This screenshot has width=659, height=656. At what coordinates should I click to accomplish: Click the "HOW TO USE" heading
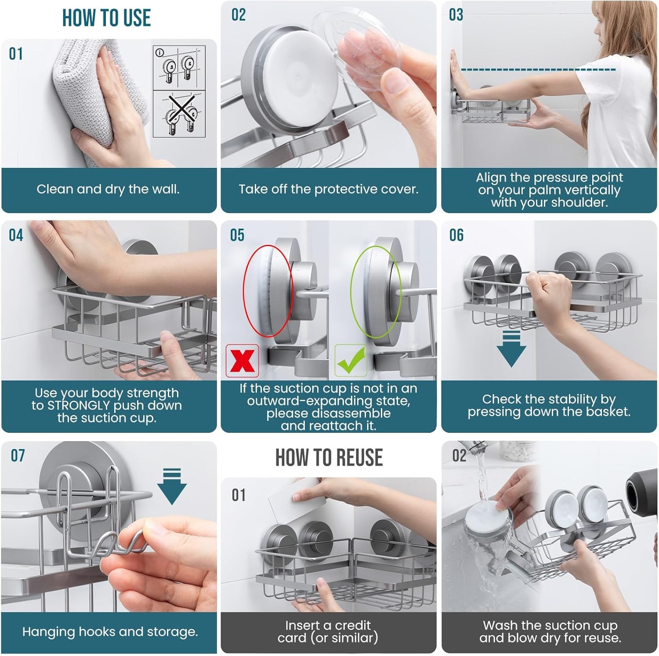point(106,18)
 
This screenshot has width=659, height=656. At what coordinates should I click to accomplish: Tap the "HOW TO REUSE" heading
point(329,457)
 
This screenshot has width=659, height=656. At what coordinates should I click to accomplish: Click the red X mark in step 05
point(242,361)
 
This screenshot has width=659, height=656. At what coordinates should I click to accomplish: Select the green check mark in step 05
point(351,360)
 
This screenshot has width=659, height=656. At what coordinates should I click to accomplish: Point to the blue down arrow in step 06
point(511,349)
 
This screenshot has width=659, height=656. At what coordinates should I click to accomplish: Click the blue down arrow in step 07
point(172,486)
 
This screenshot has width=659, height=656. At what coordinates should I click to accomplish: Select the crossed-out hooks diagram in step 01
point(179,114)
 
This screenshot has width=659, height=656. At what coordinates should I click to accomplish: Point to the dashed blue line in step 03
point(538,69)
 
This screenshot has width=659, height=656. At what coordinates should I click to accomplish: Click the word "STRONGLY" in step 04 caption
point(78,405)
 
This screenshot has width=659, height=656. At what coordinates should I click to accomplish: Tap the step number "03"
point(456,15)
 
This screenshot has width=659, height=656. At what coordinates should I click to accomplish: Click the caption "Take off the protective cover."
point(329,189)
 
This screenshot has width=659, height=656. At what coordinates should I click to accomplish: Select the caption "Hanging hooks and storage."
point(110,632)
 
